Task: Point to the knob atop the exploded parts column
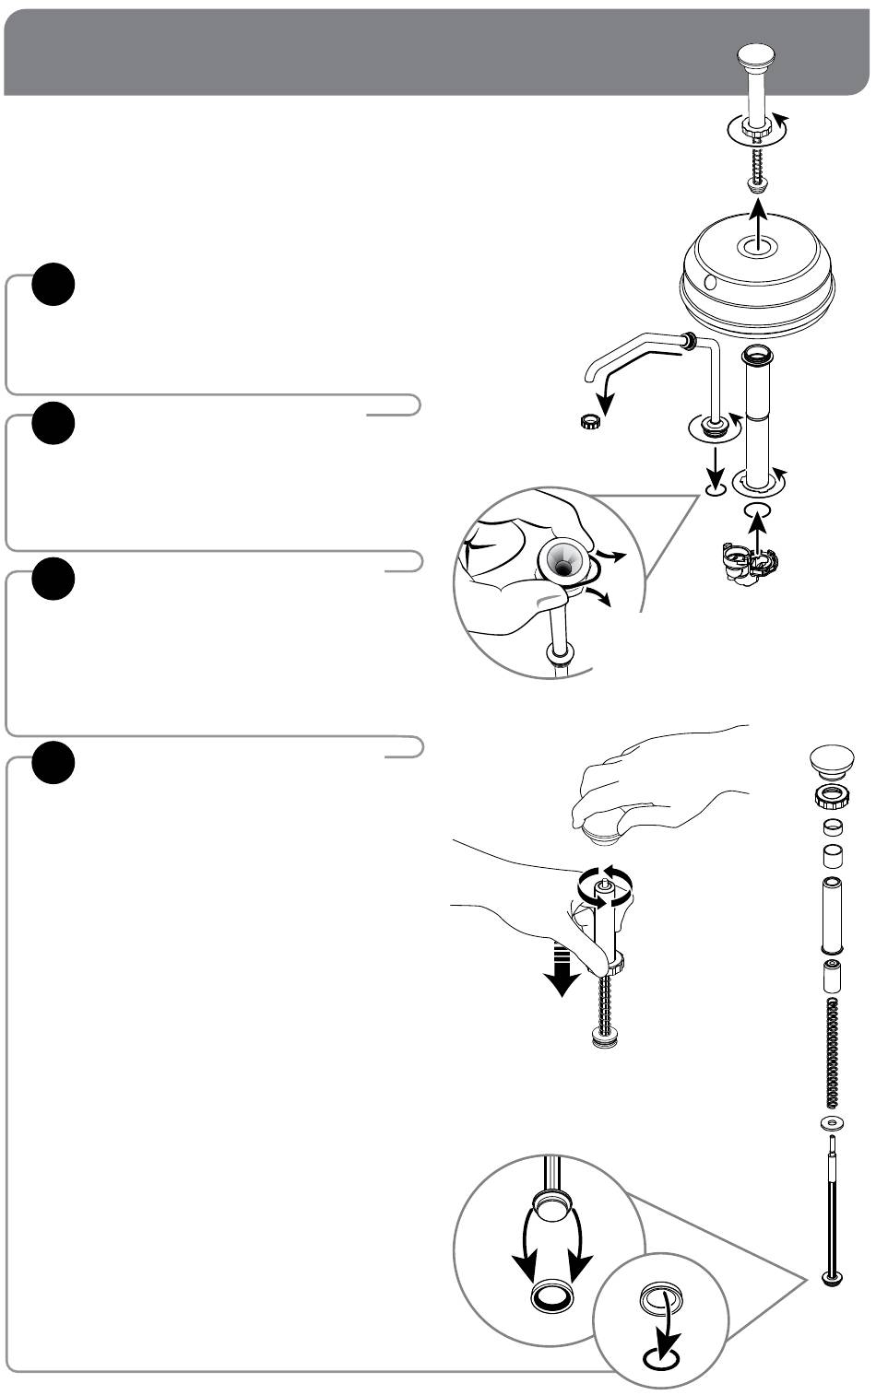tap(834, 761)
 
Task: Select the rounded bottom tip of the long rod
tap(834, 1279)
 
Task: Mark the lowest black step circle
tap(53, 762)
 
